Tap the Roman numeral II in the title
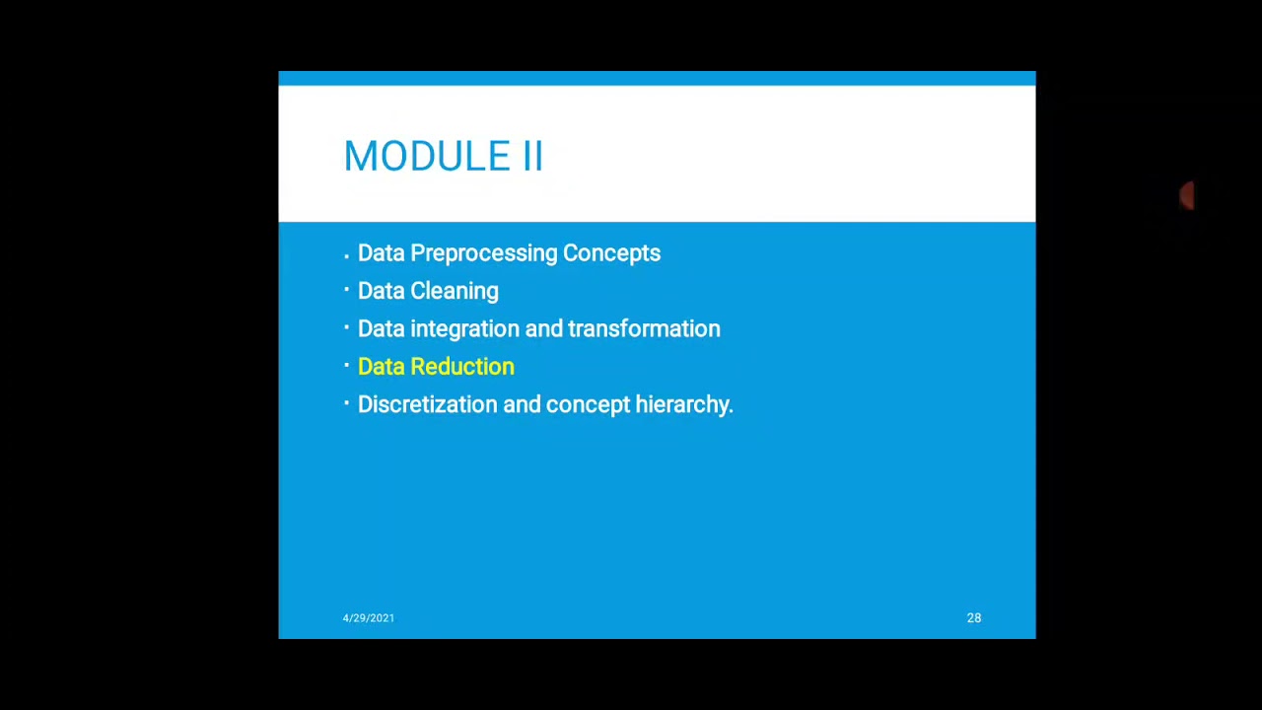[x=531, y=157]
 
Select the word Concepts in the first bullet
[x=611, y=253]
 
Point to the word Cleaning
[x=455, y=291]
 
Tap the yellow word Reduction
[x=462, y=367]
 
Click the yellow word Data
[x=381, y=367]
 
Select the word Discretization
[x=427, y=404]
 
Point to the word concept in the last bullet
[x=588, y=405]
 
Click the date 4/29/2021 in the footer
[x=369, y=618]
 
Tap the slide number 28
[x=974, y=618]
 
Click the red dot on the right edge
[x=1188, y=196]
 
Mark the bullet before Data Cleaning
[x=347, y=290]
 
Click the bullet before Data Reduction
[x=347, y=365]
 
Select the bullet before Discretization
[x=347, y=403]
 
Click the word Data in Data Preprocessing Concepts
[x=381, y=253]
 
